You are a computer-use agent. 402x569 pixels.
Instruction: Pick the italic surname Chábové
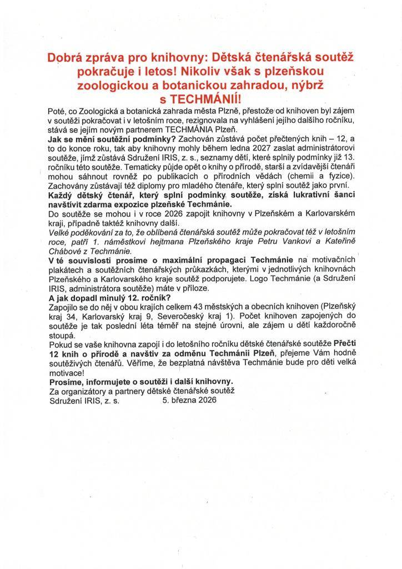(x=67, y=251)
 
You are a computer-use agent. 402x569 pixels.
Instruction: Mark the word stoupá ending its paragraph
(x=63, y=336)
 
